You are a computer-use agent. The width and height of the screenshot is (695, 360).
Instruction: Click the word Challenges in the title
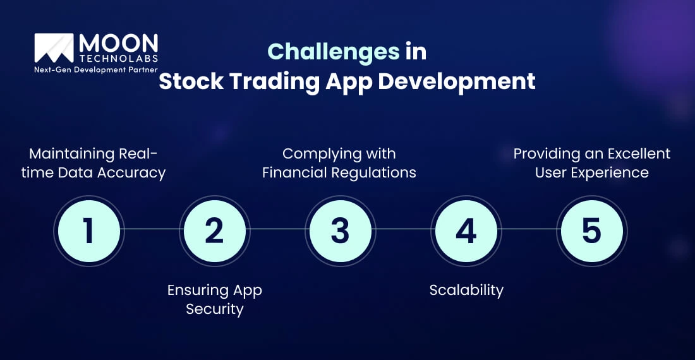pos(334,51)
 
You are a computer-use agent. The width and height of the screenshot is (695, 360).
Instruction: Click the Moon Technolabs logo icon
pos(54,49)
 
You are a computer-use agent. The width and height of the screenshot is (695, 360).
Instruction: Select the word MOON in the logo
pos(118,43)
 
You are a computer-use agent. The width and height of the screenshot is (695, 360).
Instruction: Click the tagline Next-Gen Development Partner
pos(95,69)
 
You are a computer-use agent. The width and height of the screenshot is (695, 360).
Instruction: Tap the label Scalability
pos(466,290)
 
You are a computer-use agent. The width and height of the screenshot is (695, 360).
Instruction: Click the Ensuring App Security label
pos(214,299)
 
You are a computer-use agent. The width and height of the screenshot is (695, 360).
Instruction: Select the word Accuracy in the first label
pos(135,172)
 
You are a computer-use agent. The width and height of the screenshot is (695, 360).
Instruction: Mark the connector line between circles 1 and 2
pos(152,229)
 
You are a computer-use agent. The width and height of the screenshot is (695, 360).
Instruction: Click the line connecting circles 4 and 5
pos(529,229)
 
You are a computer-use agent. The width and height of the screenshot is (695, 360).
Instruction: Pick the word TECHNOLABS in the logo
pos(118,59)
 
